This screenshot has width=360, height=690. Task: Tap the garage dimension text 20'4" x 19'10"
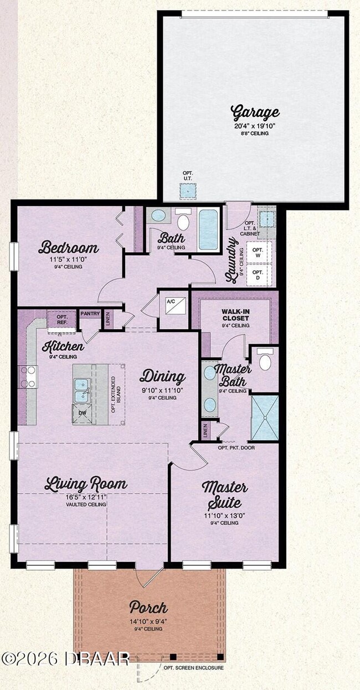pos(255,125)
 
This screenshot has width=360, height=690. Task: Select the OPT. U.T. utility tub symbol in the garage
pos(188,191)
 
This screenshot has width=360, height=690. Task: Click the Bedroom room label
pos(69,247)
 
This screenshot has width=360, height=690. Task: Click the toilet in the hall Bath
pos(183,220)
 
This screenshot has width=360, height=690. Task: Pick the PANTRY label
pos(90,314)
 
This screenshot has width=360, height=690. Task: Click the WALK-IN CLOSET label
pos(235,315)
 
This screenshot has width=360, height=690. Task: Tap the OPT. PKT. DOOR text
pos(236,447)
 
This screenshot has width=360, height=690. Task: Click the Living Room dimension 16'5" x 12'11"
pos(85,497)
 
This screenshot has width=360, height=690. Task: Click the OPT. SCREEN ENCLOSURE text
pos(194,668)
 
